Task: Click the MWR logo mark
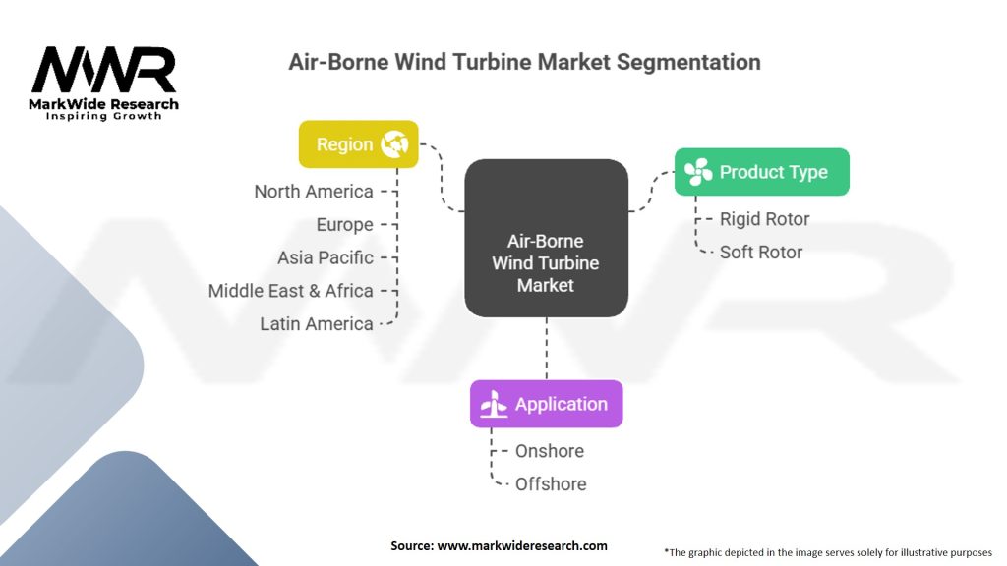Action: pos(103,70)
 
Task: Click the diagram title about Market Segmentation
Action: pos(524,62)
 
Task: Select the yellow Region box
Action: pos(358,144)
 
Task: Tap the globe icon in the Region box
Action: pos(395,144)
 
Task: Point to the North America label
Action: pos(314,192)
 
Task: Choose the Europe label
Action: pos(344,225)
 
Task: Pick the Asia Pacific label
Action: pos(326,257)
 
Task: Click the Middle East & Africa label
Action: pos(291,291)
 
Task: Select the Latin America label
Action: pos(317,323)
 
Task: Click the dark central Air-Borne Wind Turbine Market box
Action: pos(546,238)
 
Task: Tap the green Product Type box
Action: pos(761,172)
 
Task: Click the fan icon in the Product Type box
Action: pos(698,172)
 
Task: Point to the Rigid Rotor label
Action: pos(764,219)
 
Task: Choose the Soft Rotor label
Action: pos(760,253)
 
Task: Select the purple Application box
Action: pos(546,404)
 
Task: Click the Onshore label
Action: pos(549,451)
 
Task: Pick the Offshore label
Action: pos(550,484)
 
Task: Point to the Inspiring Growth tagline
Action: pos(104,116)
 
